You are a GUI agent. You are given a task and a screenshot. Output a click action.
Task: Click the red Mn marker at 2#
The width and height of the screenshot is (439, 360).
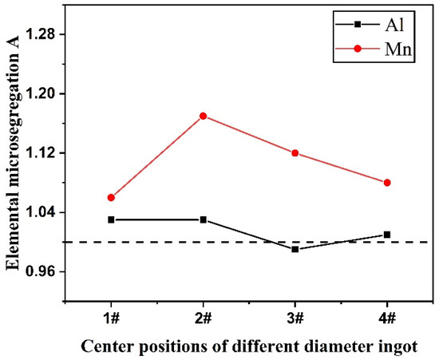tap(203, 116)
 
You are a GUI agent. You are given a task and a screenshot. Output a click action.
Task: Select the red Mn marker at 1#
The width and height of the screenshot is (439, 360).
tap(111, 197)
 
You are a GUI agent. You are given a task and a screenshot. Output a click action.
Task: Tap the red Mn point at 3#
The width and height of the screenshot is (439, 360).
tap(295, 152)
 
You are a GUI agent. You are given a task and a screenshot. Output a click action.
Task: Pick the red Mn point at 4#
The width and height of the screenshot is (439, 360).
tap(387, 183)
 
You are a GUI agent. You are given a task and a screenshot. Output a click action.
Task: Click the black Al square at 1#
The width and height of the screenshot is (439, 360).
tap(111, 220)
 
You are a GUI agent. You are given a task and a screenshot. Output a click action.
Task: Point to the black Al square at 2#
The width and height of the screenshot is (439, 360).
tap(203, 220)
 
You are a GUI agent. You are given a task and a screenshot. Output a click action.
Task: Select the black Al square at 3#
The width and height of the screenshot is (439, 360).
tap(295, 249)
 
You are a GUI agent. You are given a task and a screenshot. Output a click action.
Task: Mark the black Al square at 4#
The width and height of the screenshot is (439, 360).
tap(387, 235)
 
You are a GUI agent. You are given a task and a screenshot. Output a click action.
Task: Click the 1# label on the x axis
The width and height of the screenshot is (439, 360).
tap(111, 318)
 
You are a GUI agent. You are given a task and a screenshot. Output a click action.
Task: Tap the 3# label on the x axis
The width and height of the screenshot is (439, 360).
tap(295, 318)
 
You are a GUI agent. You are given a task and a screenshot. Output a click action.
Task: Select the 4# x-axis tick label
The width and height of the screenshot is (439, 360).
tap(387, 318)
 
